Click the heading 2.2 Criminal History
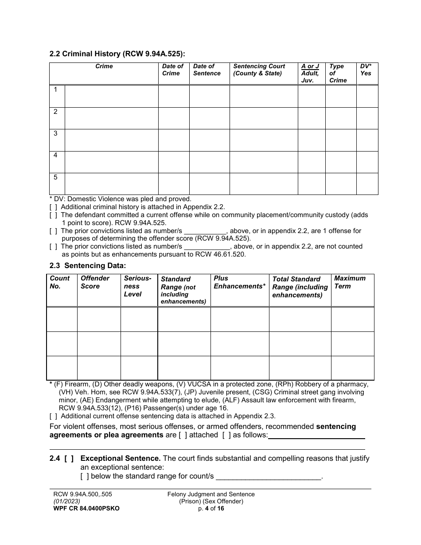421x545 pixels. tap(117, 54)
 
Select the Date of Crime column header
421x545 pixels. tap(173, 70)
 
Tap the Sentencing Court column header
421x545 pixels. tap(259, 70)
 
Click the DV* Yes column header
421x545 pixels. tap(366, 70)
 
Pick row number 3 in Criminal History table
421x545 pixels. tap(56, 133)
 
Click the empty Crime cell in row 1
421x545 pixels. tap(111, 96)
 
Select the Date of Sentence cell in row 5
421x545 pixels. tap(209, 183)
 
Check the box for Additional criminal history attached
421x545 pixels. tap(53, 207)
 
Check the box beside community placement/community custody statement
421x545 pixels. tap(53, 215)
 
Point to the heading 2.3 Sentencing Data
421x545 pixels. tap(88, 265)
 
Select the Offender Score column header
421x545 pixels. tap(95, 282)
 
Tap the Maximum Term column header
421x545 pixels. tap(350, 282)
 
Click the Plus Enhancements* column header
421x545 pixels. tap(239, 282)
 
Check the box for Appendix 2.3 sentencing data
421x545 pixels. tap(53, 416)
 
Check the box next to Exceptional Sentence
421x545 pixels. tap(69, 459)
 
